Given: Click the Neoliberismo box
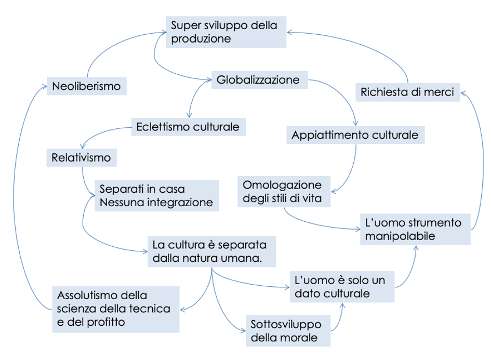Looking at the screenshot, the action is point(87,86).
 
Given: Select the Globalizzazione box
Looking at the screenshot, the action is point(260,80).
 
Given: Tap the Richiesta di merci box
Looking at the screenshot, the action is point(408,92).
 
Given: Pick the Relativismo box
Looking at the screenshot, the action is point(82,157).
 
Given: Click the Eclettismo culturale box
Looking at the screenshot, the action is point(188,127).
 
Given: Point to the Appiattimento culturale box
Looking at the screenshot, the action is point(355,135).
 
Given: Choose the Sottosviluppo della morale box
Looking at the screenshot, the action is point(288,330).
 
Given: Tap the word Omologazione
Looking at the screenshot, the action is point(282,185).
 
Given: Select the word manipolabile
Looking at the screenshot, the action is point(400,236).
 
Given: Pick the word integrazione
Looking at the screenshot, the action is point(180,203).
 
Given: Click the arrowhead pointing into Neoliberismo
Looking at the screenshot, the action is point(45,86).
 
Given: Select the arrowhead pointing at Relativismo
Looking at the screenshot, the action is point(83,146).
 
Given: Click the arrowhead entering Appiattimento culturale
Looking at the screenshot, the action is point(355,123).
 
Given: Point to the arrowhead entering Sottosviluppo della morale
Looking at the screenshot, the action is point(242,330).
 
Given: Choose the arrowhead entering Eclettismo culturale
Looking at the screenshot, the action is point(189,115).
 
